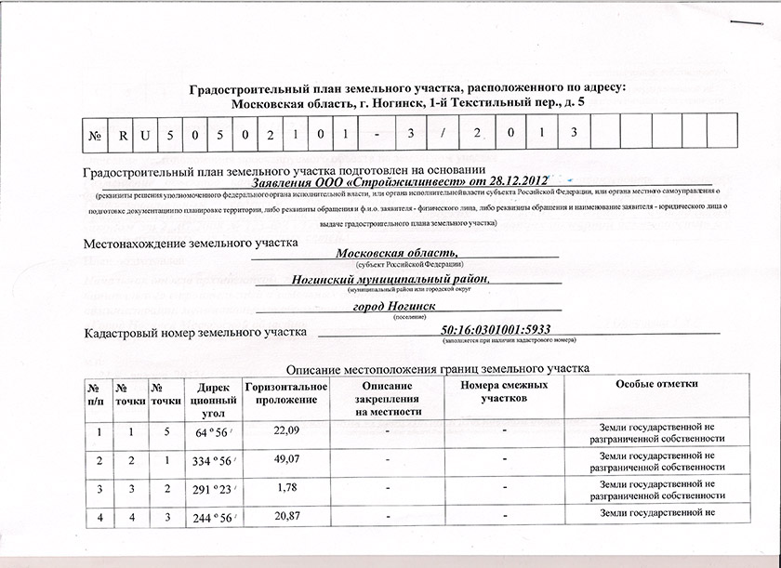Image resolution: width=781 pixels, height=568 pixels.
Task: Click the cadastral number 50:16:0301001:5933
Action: (485, 330)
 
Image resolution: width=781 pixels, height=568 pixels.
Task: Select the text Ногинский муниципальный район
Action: (390, 279)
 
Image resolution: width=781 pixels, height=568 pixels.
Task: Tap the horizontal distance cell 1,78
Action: (285, 488)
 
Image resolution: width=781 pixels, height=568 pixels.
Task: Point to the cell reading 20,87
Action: (285, 516)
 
